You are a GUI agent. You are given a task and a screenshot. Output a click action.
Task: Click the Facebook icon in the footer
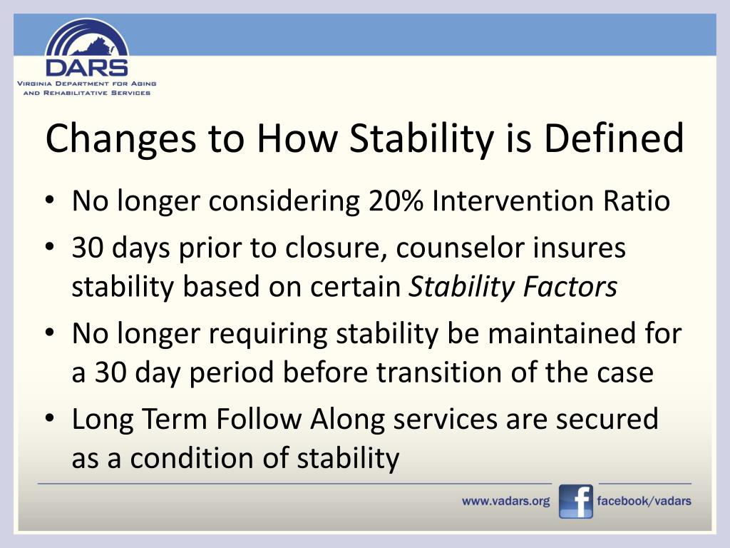576,502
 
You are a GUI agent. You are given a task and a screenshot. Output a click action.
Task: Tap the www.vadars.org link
505,502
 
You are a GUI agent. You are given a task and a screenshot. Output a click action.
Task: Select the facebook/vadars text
644,501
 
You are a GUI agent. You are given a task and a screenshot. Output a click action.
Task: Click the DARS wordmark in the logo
86,68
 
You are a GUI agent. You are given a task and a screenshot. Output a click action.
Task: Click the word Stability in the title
421,139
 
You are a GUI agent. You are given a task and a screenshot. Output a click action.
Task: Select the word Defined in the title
614,138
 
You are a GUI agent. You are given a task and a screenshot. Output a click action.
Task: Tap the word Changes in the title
120,139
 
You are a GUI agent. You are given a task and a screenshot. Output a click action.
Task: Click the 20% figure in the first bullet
396,201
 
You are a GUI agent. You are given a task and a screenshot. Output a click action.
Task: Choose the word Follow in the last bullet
258,418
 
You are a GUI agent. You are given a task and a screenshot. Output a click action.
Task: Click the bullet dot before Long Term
50,417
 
